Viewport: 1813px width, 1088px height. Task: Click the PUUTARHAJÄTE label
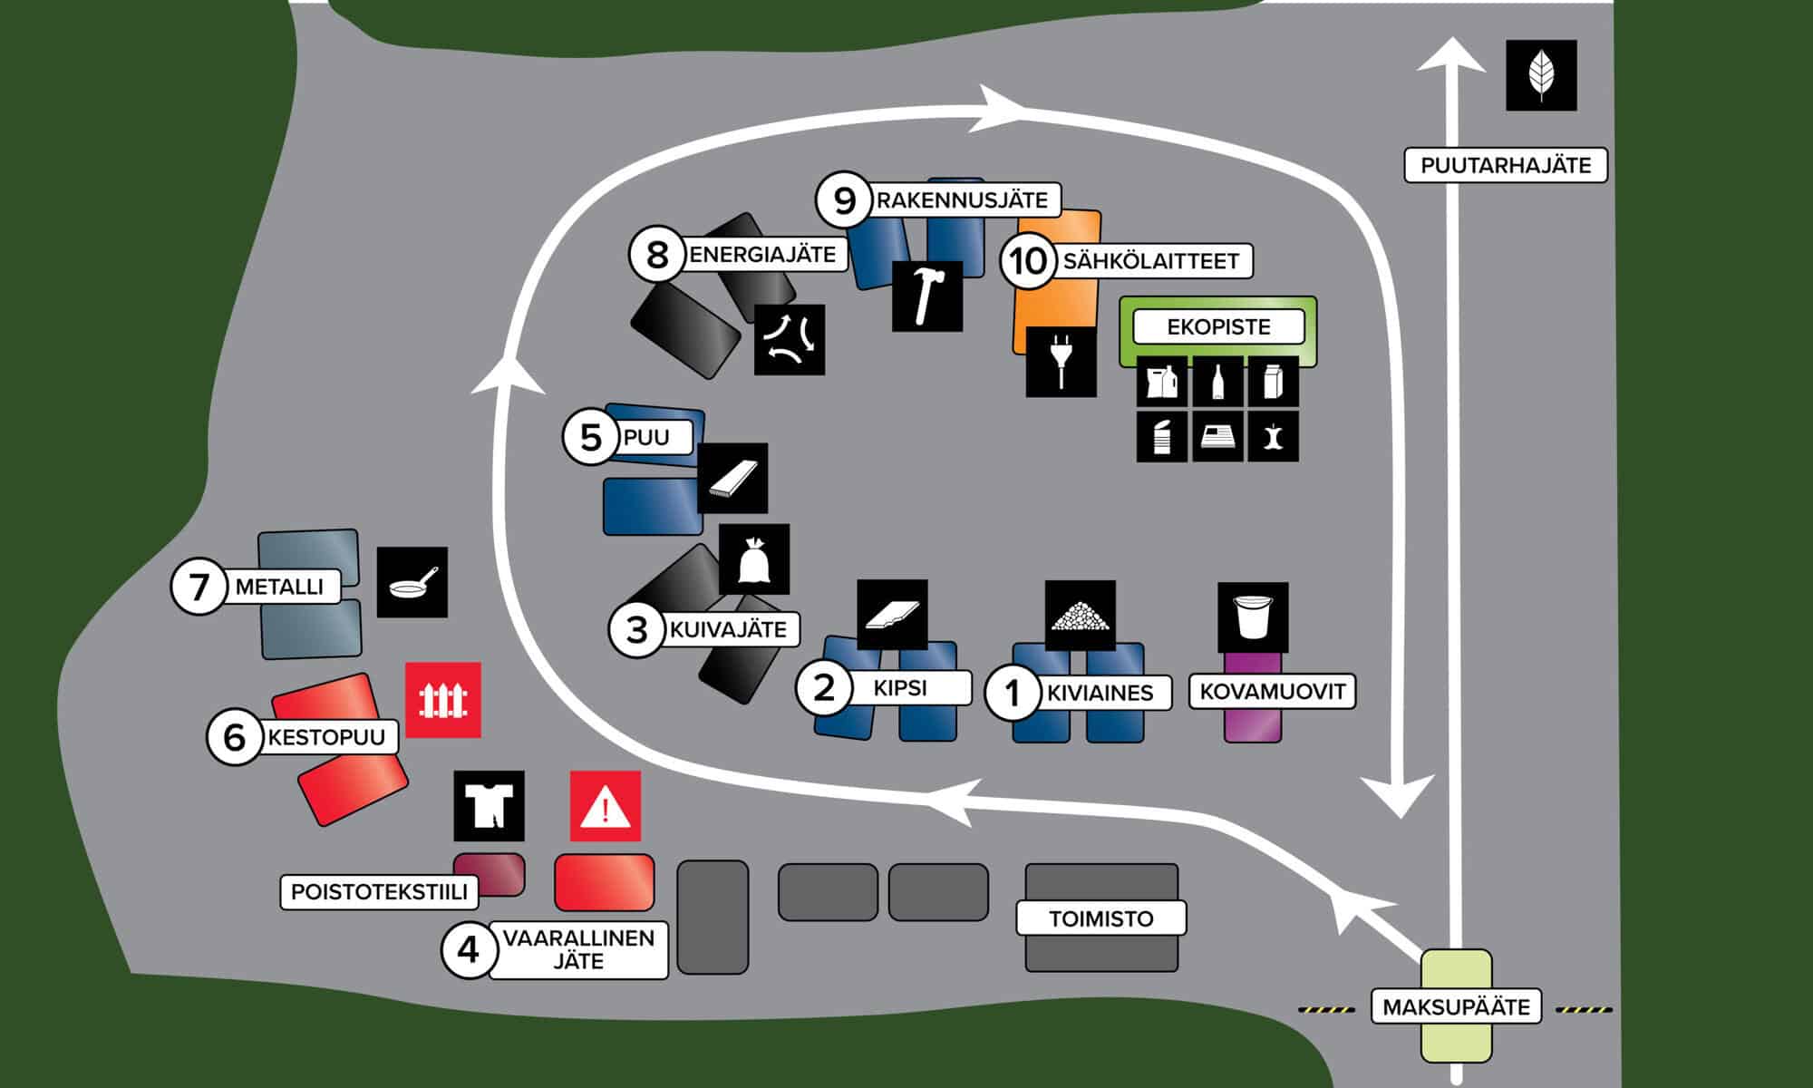click(x=1505, y=165)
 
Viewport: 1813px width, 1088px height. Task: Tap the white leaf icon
click(x=1541, y=75)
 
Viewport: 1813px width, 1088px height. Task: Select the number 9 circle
click(x=844, y=200)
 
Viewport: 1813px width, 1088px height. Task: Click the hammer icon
click(x=927, y=296)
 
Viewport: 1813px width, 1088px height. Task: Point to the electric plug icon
click(x=1061, y=361)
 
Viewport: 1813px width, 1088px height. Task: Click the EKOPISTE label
click(x=1218, y=326)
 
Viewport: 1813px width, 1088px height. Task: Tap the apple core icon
click(x=1273, y=436)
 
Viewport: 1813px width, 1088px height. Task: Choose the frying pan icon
click(x=412, y=582)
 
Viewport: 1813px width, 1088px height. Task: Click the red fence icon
click(x=442, y=699)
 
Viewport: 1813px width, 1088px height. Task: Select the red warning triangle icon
click(x=605, y=806)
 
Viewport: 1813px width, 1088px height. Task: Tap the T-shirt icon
click(x=489, y=805)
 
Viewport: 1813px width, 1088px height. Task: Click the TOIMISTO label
click(x=1100, y=918)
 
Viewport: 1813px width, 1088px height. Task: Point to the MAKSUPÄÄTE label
click(x=1456, y=1006)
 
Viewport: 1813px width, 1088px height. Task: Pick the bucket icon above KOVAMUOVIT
click(x=1253, y=617)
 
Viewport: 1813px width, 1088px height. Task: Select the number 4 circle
click(x=468, y=949)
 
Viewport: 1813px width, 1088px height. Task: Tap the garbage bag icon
click(x=753, y=559)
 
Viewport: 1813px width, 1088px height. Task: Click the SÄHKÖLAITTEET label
click(x=1150, y=261)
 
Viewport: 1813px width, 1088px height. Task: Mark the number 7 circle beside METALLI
click(x=199, y=587)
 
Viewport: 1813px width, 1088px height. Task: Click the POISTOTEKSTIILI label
click(x=379, y=891)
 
